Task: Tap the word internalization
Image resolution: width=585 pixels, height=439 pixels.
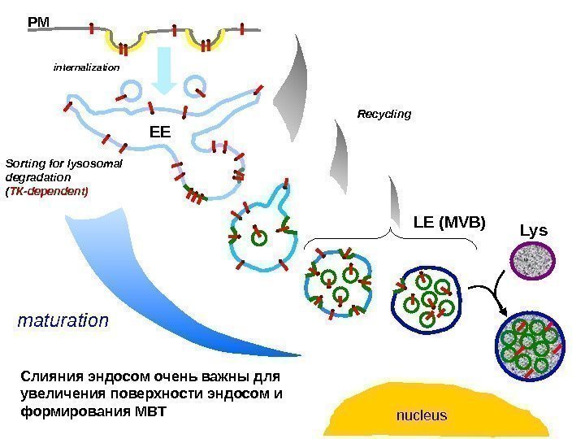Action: tap(86, 67)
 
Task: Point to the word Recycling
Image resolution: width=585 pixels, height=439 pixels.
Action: tap(384, 115)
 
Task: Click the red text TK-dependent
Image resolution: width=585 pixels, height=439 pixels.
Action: tap(49, 192)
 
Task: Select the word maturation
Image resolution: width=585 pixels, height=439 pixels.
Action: tap(63, 320)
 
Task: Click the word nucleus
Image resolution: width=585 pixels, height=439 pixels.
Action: tap(421, 415)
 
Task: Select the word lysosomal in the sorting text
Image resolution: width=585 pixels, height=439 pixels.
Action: tap(95, 163)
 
